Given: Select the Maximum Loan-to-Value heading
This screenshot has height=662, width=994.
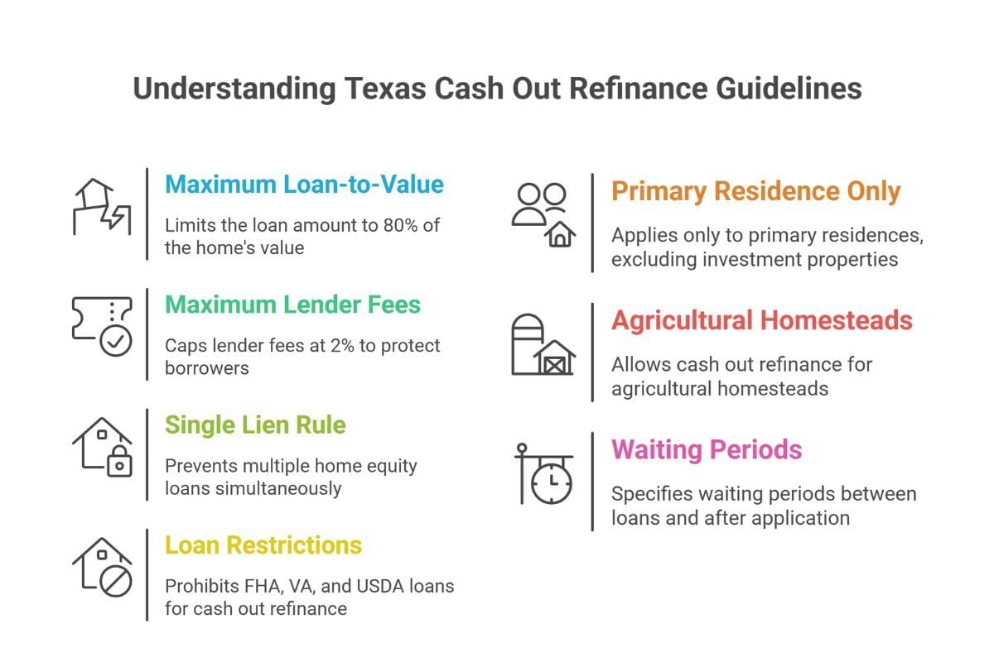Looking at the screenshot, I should [304, 184].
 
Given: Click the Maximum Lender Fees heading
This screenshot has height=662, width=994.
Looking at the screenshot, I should [292, 305].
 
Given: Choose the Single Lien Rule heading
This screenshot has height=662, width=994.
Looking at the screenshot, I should [255, 425].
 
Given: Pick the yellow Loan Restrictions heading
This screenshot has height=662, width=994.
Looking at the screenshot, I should [263, 546].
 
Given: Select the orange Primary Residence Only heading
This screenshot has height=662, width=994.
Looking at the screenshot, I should [755, 192].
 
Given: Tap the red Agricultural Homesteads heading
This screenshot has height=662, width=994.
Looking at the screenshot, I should [762, 321].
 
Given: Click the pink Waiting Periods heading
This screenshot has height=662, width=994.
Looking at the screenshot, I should [707, 450].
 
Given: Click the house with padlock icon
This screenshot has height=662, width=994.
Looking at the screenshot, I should [102, 447].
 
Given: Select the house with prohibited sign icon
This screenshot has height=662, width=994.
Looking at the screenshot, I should [102, 568].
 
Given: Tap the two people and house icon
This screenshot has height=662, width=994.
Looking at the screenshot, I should [543, 213].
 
